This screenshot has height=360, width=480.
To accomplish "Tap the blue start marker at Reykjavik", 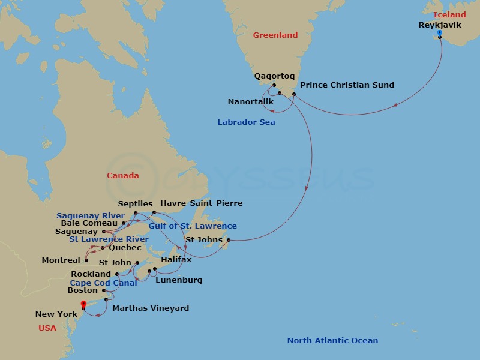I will tap(440, 33).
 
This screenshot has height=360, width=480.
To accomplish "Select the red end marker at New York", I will tap(83, 304).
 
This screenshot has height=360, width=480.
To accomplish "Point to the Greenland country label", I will tap(275, 35).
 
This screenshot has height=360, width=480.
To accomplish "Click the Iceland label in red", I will tap(449, 14).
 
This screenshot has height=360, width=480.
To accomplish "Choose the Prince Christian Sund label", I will tap(347, 85).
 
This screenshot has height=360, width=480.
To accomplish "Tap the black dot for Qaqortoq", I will tap(273, 85).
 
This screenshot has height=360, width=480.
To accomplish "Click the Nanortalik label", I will tap(251, 101).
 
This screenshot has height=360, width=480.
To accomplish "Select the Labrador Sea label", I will tap(246, 122).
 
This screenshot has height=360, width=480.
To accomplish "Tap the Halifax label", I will tap(176, 259).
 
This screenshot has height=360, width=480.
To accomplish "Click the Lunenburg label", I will tap(179, 280).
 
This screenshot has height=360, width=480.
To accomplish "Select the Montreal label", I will tap(61, 260).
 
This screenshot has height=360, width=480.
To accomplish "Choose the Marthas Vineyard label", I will tap(151, 308).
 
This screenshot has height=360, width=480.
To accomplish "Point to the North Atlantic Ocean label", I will tap(332, 340).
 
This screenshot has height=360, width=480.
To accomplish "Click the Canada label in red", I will tap(122, 176).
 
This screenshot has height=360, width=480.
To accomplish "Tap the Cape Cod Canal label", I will tap(103, 283).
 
